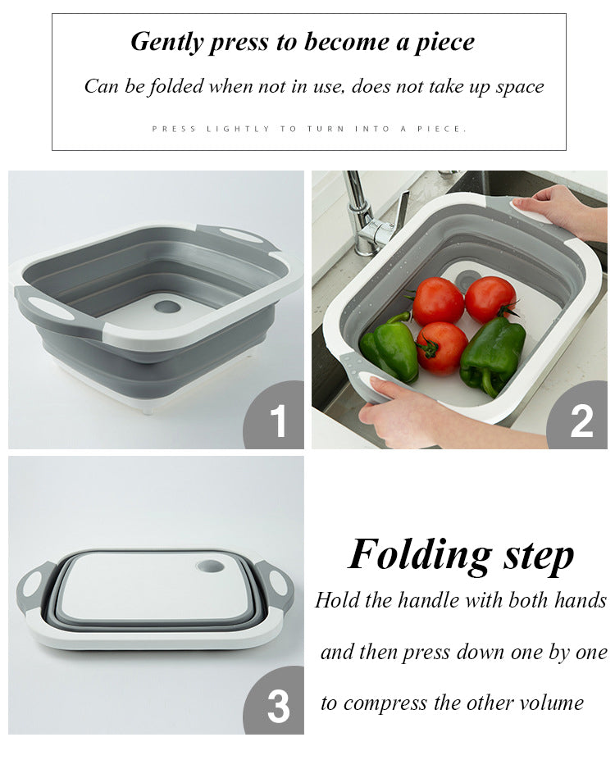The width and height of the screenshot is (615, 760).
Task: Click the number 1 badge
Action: [274, 415]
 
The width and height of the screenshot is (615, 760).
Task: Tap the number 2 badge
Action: [577, 415]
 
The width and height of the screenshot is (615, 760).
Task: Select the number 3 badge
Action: [274, 700]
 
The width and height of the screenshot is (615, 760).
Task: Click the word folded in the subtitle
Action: [177, 86]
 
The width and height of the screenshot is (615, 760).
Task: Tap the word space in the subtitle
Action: [519, 88]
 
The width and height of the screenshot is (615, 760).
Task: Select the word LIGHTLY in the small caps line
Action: [238, 129]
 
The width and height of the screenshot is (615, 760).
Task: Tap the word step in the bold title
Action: [539, 557]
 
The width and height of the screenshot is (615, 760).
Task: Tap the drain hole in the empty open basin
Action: [167, 307]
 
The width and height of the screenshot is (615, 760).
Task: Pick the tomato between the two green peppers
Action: [441, 348]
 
